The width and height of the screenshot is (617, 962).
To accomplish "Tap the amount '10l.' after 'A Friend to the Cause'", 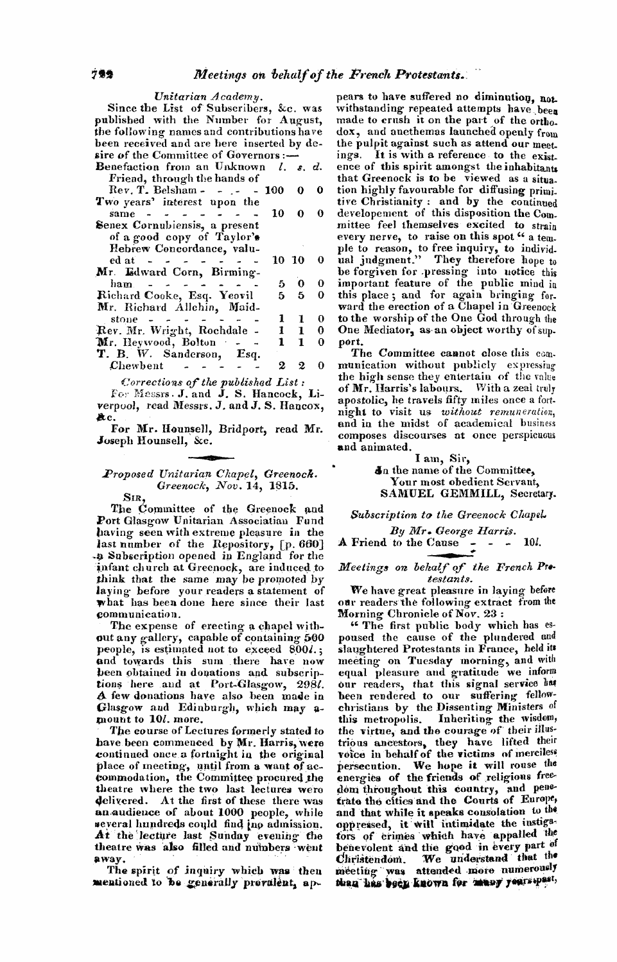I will (533, 542).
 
